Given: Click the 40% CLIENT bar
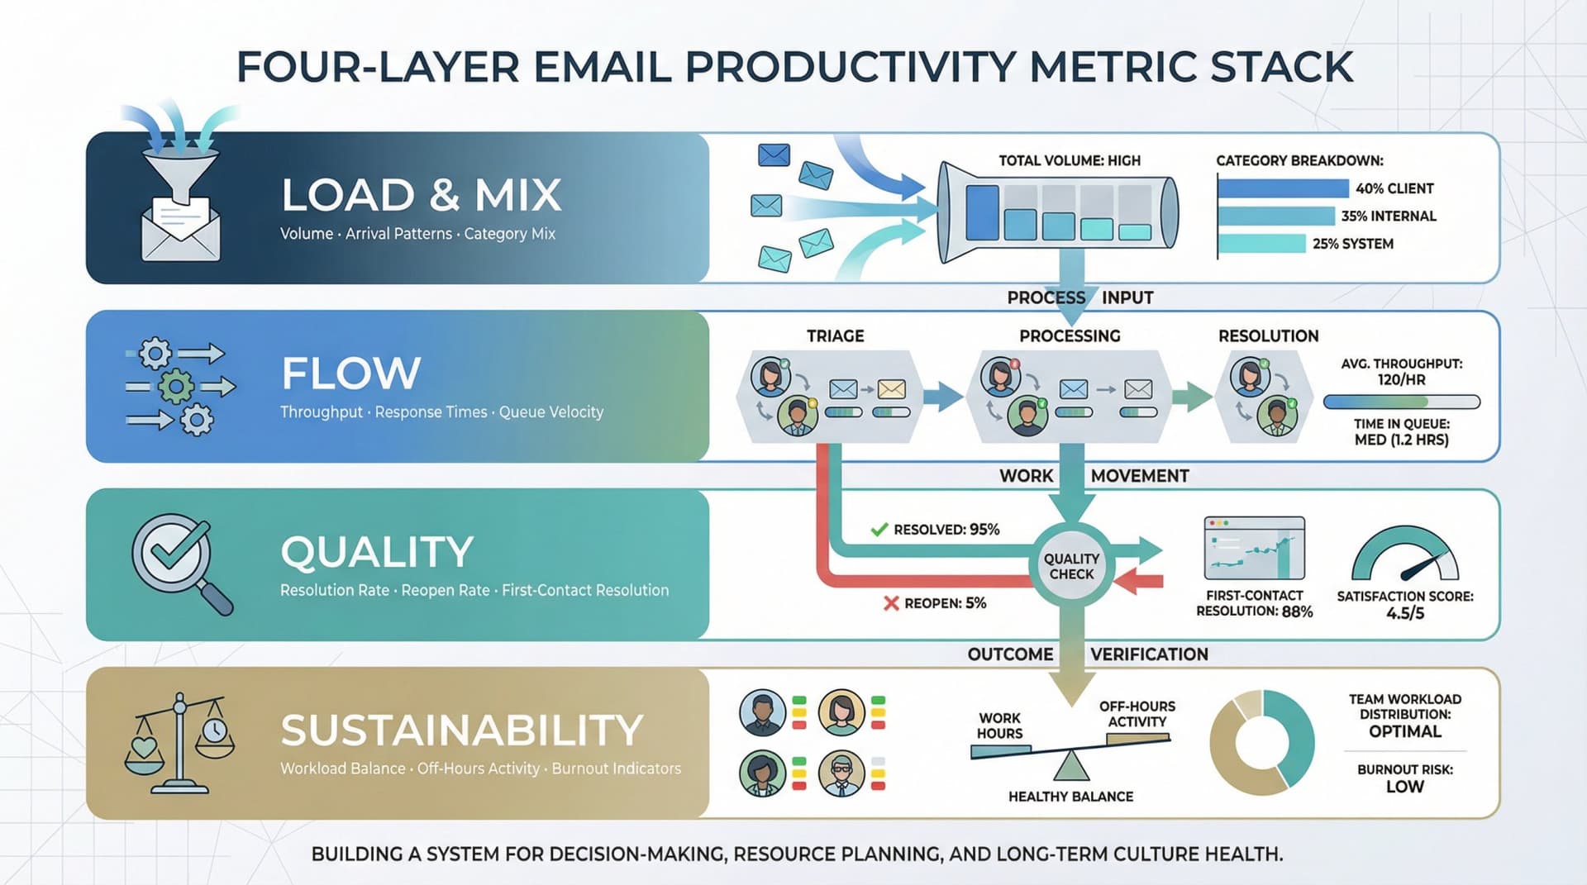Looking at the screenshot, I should tap(1282, 188).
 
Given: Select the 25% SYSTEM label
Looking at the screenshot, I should tap(1352, 244).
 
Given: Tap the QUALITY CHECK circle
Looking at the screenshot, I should tap(1071, 566).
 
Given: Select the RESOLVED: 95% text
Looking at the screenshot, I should tap(946, 530).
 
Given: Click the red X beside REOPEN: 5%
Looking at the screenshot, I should tap(890, 603).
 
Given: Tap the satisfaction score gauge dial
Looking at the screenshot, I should tap(1404, 555).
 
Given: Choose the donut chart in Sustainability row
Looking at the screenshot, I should tap(1261, 742).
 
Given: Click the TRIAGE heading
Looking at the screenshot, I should tap(835, 336).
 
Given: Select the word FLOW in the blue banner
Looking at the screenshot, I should tap(350, 374).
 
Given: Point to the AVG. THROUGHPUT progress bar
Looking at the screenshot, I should tap(1401, 402).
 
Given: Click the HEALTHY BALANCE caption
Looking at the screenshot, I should tap(1070, 797).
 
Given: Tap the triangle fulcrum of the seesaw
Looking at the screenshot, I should tap(1071, 767).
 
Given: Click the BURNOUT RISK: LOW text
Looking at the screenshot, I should tap(1404, 778).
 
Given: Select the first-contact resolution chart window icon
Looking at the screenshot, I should tap(1254, 548).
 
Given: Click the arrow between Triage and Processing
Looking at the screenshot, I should tap(941, 397).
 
